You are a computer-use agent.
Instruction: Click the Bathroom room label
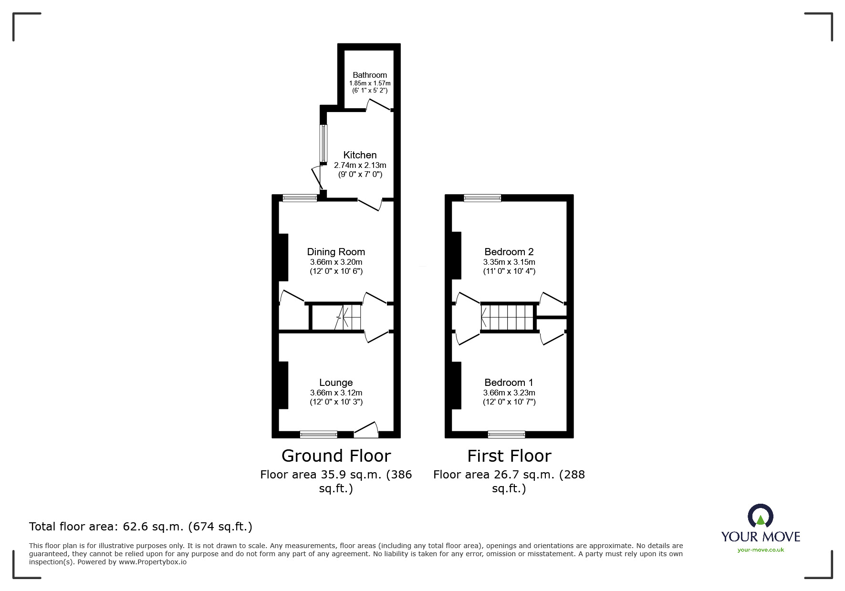pos(369,75)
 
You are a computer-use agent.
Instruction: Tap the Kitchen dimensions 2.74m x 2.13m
pos(360,165)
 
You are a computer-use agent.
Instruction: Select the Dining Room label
pos(336,252)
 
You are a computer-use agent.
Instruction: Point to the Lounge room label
pos(336,383)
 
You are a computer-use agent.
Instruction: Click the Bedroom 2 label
pos(509,252)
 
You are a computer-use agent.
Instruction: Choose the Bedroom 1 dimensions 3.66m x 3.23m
pos(509,393)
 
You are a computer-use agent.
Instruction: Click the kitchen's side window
pos(323,143)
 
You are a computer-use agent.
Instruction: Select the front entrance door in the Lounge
pos(366,430)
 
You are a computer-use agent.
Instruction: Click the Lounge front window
pos(318,434)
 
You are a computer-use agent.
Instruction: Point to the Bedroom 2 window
pos(482,198)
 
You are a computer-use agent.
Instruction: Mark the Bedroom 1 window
pos(506,434)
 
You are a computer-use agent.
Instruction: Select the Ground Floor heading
pos(336,456)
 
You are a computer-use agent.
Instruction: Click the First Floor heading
pos(509,456)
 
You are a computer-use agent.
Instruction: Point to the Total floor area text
pos(141,527)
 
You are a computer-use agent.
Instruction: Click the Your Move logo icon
pos(760,516)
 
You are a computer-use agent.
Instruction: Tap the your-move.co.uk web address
pos(761,550)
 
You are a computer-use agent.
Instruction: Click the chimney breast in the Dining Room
pos(283,257)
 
